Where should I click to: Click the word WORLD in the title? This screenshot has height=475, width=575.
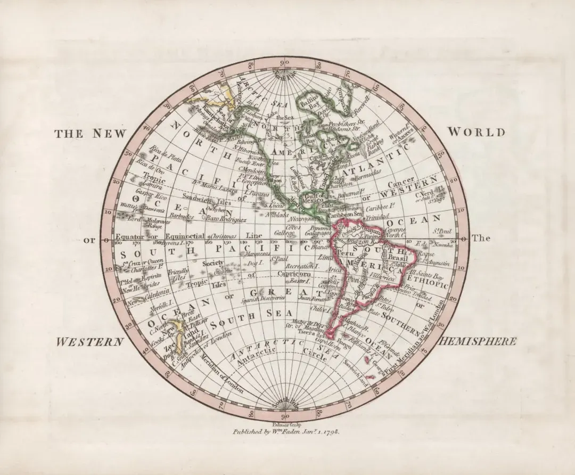pos(476,132)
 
